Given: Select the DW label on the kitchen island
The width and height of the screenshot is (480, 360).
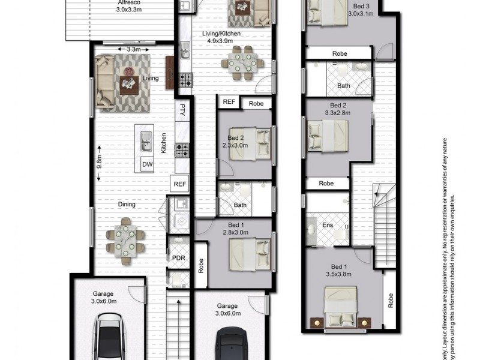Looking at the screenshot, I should pos(147,164).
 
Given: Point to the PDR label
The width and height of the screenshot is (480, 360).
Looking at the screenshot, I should pos(178,258).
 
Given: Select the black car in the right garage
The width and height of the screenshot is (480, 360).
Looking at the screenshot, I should pos(231,345).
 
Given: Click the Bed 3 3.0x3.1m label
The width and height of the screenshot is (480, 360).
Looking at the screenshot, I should pos(366,10).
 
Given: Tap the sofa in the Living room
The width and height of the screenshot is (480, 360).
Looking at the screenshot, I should pos(106,82).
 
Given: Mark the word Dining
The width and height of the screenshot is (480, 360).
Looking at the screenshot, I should pos(127,205).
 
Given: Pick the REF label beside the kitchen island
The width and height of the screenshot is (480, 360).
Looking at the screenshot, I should pos(179,184).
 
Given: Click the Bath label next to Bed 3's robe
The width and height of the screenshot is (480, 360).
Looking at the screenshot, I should pos(343,86).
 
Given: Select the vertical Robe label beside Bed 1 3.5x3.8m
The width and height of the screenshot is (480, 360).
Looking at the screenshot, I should pos(391,300).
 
